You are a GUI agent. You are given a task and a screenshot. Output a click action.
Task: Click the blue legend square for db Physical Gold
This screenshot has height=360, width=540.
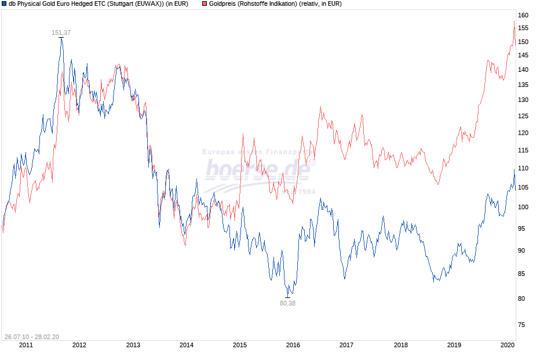pos(5,4)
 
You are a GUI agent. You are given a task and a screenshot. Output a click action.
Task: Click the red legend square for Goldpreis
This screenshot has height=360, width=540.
pos(205,4)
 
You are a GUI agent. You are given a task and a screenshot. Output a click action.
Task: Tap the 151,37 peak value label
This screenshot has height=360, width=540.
pos(61,32)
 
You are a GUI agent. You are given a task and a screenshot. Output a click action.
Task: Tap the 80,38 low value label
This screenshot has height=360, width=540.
pos(287,303)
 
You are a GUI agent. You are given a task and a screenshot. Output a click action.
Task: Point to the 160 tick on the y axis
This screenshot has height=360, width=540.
pos(523,15)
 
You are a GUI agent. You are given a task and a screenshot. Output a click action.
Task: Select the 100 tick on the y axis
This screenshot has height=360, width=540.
pos(523,207)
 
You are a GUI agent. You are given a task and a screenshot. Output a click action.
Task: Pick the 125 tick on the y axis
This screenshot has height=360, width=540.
pos(523,117)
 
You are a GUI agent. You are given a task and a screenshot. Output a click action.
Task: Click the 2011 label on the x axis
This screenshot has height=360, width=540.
pos(26,346)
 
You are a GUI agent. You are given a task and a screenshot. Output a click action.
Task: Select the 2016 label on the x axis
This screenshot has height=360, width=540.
pos(293,346)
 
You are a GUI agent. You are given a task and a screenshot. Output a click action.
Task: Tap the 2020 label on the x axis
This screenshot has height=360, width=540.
pos(507,346)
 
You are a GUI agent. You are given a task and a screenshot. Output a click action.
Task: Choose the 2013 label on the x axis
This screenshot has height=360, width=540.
pos(133,346)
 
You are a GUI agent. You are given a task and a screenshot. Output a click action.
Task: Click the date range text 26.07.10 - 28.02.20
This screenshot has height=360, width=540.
pos(31,337)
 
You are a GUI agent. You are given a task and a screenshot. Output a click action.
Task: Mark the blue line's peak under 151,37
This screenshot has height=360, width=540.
pos(61,38)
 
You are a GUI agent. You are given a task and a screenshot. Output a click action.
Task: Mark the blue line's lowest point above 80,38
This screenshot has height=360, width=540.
pos(288,296)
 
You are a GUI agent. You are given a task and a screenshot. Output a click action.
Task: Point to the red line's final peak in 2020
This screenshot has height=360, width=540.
pos(514,22)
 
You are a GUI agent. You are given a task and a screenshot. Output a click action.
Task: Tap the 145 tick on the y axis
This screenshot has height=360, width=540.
pos(523,56)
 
